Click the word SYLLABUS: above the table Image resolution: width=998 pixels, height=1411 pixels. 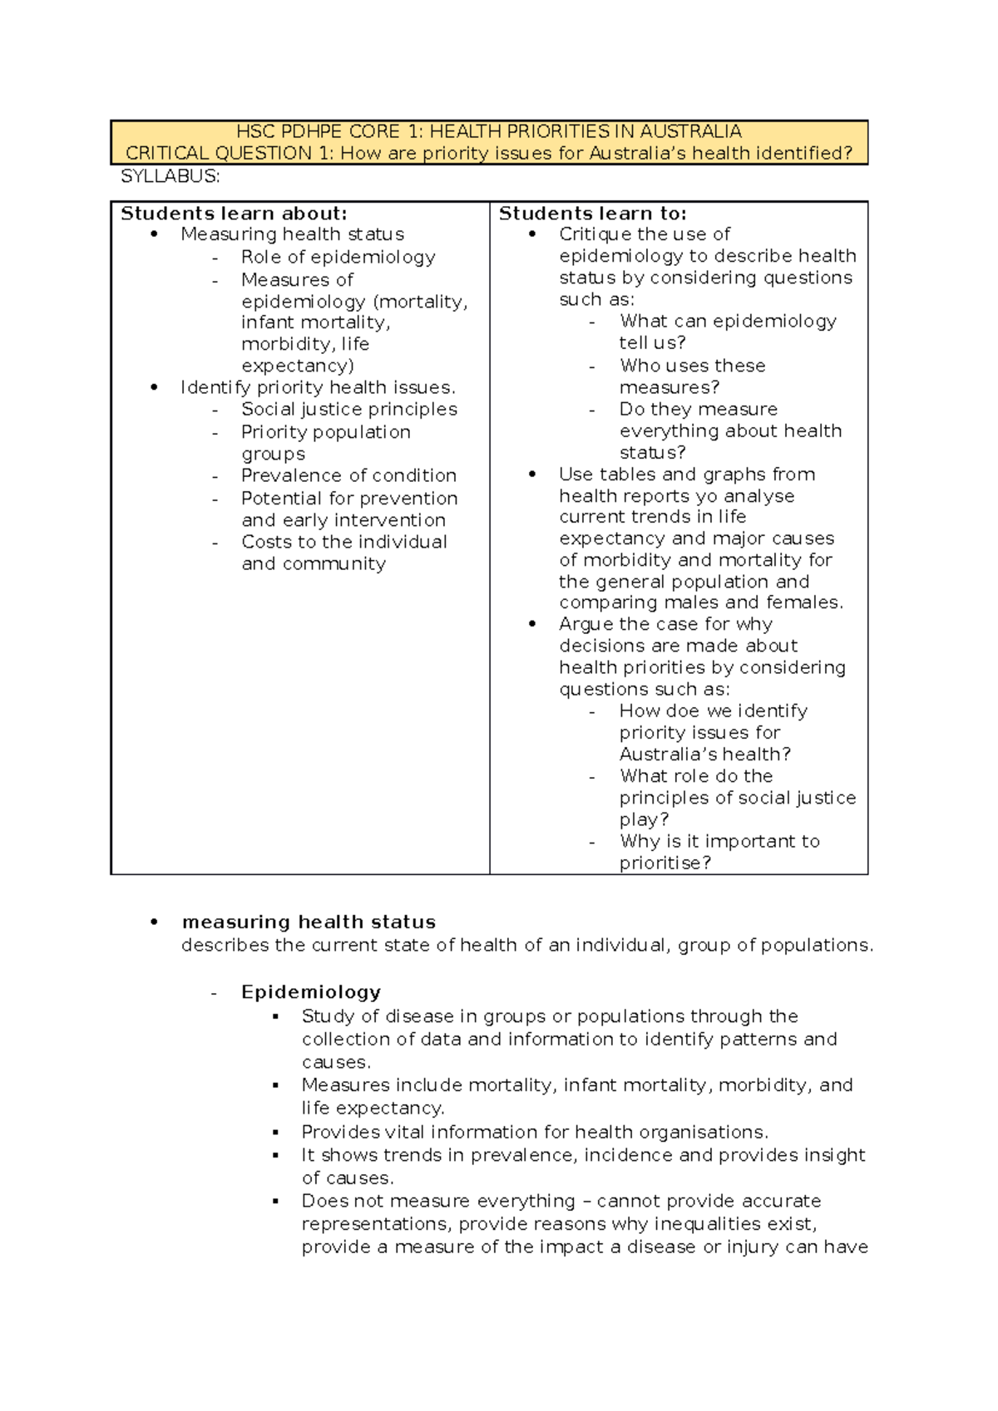coord(170,176)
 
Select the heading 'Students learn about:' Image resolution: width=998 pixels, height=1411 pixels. coord(234,214)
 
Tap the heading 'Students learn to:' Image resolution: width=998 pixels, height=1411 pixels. coord(592,214)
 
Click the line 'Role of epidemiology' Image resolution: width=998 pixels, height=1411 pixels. coord(338,257)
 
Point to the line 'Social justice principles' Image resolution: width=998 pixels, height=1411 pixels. coord(349,409)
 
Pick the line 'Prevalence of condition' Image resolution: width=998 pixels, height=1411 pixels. coord(348,475)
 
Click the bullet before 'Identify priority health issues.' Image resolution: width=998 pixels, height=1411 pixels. coord(154,387)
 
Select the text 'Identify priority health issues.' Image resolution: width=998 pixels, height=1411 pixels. coord(318,387)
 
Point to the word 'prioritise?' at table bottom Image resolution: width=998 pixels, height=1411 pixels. coord(665,863)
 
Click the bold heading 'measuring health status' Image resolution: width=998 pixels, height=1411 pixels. coord(309,922)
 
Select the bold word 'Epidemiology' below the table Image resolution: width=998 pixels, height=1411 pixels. coord(311,992)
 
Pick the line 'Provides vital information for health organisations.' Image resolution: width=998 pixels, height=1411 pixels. coord(535,1133)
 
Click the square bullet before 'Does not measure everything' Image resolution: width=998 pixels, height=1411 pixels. coord(276,1202)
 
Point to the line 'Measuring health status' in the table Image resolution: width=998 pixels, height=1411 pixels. coord(292,234)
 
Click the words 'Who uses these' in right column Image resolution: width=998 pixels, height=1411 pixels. coord(692,366)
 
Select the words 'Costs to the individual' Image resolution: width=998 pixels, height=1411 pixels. coord(344,542)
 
